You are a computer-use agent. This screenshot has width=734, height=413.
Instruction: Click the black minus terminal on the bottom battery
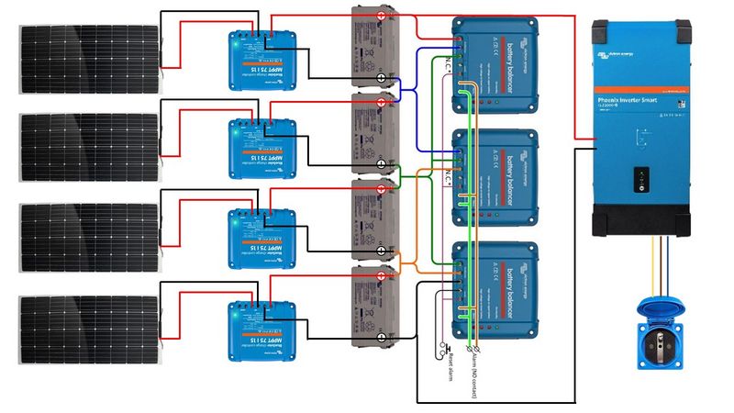point(382,338)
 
